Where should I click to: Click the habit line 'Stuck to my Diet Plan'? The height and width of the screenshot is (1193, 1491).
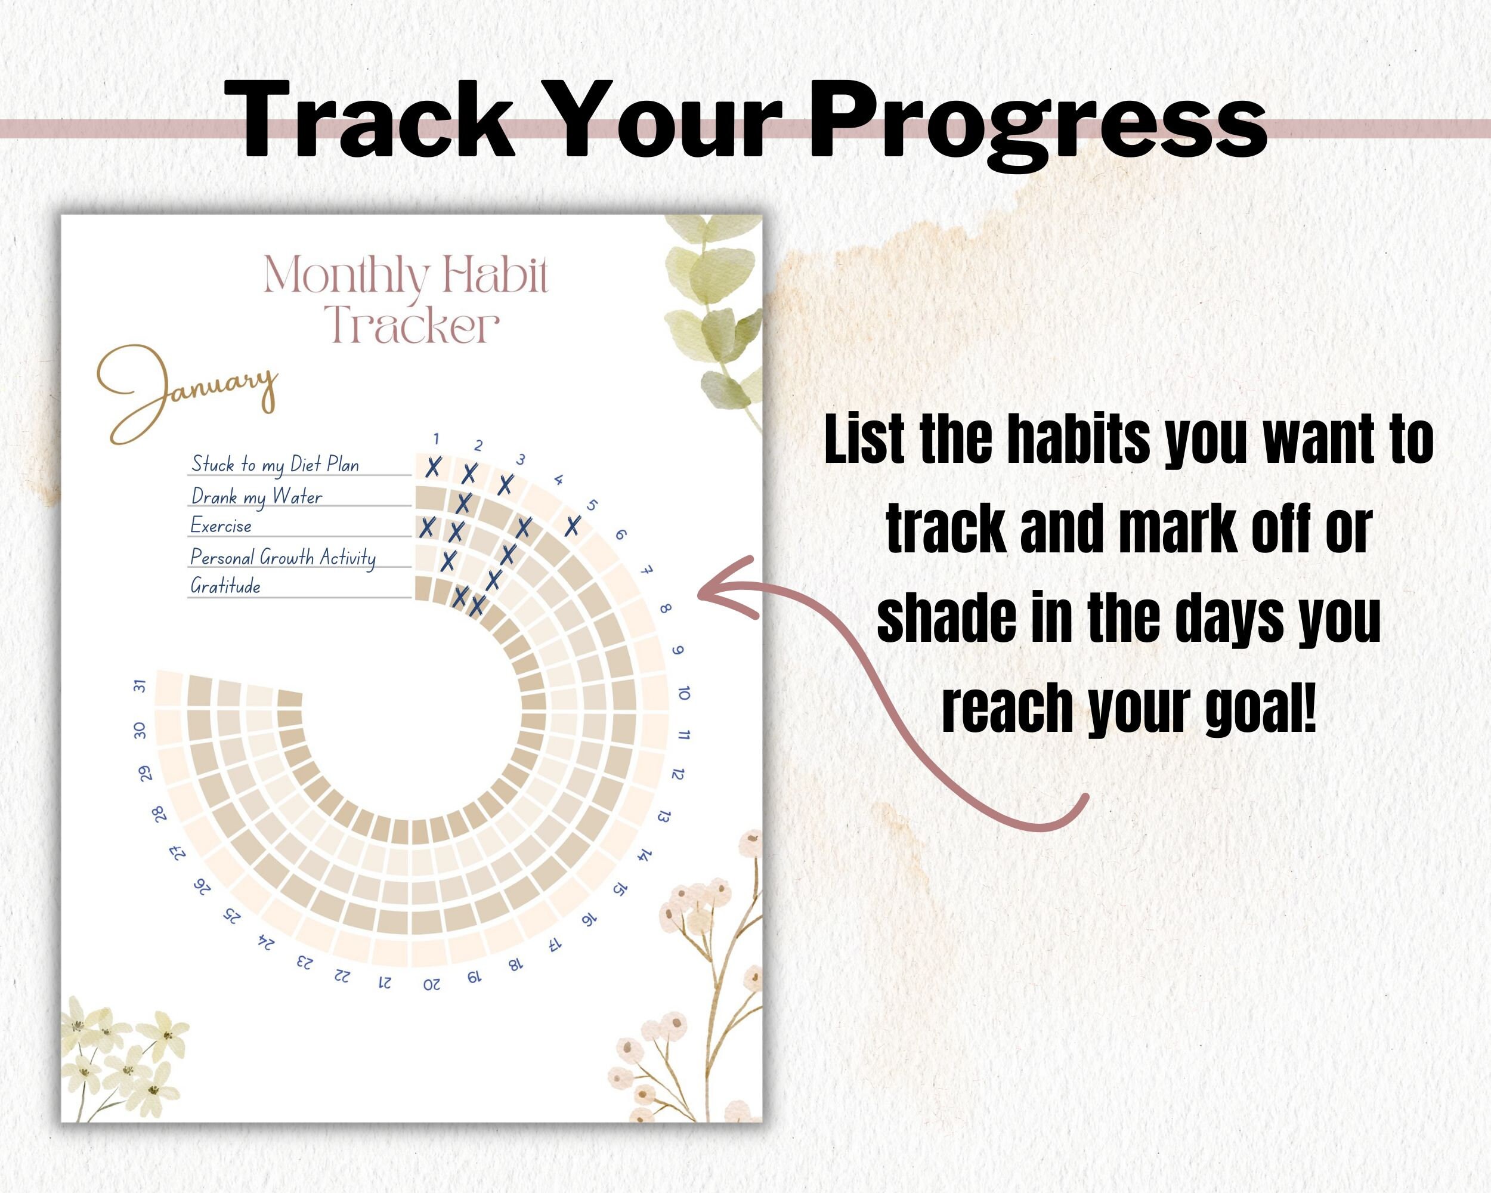pyautogui.click(x=276, y=465)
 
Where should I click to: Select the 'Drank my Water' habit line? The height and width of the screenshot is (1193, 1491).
pyautogui.click(x=256, y=496)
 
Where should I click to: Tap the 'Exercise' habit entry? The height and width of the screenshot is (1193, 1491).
pyautogui.click(x=221, y=526)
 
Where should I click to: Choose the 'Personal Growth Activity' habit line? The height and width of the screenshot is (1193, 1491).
pyautogui.click(x=283, y=557)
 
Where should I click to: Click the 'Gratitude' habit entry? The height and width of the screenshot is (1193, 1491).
pyautogui.click(x=225, y=586)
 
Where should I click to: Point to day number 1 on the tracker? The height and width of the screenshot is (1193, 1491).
pyautogui.click(x=437, y=438)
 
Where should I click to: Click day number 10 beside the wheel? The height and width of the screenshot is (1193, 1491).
pyautogui.click(x=684, y=693)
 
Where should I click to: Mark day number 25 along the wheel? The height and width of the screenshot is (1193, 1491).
pyautogui.click(x=233, y=916)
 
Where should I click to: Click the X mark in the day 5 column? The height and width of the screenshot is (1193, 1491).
pyautogui.click(x=572, y=526)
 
